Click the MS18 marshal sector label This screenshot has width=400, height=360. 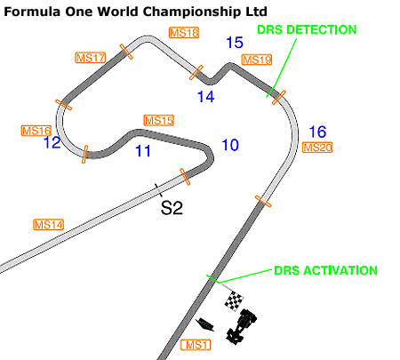click(x=184, y=33)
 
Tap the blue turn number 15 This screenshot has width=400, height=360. click(x=235, y=43)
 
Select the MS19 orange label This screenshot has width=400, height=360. click(x=257, y=60)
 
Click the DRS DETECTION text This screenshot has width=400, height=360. click(x=307, y=29)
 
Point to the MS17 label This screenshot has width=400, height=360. click(x=91, y=58)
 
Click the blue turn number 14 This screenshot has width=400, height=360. click(x=206, y=97)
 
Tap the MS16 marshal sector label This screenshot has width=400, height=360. click(x=36, y=131)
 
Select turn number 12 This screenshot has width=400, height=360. click(x=52, y=142)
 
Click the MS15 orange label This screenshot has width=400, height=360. click(x=159, y=120)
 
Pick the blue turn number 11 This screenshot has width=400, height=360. click(x=143, y=151)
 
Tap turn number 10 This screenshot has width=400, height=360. click(x=230, y=145)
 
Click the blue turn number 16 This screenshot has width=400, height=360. click(x=317, y=132)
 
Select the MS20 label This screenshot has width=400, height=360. click(x=317, y=148)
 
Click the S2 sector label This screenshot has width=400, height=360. click(x=172, y=208)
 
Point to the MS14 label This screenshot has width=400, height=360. click(x=48, y=225)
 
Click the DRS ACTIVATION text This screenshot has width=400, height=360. click(x=325, y=270)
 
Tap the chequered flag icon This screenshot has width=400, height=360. click(x=234, y=300)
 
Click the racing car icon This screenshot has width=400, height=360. click(x=241, y=326)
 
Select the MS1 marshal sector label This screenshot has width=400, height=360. click(x=196, y=345)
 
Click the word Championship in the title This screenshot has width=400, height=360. click(x=193, y=12)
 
